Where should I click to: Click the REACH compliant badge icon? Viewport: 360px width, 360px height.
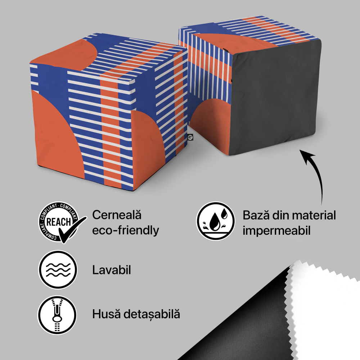pyautogui.click(x=58, y=221)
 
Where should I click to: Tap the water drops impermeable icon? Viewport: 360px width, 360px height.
pyautogui.click(x=215, y=220)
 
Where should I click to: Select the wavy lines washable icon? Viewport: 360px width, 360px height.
pyautogui.click(x=58, y=269)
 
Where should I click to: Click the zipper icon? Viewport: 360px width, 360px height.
pyautogui.click(x=58, y=315)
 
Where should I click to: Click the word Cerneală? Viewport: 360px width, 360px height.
pyautogui.click(x=117, y=215)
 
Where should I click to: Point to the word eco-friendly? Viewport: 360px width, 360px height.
pyautogui.click(x=125, y=230)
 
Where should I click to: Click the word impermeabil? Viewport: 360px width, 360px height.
pyautogui.click(x=276, y=230)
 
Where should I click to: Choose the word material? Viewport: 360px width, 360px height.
pyautogui.click(x=314, y=215)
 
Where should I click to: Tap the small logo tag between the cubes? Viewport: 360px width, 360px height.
pyautogui.click(x=190, y=137)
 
